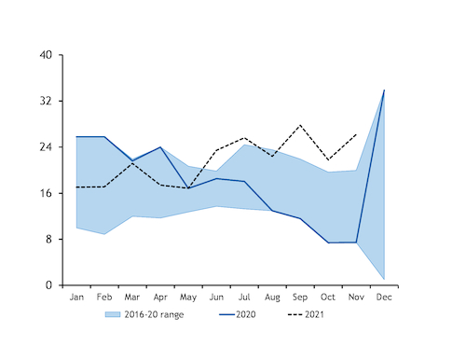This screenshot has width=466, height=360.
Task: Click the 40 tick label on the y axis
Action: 45,55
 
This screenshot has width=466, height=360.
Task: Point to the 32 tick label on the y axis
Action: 45,101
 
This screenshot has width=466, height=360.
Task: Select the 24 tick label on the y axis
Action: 45,147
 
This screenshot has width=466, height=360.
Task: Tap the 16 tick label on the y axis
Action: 45,193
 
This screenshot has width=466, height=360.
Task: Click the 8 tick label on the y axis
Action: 48,240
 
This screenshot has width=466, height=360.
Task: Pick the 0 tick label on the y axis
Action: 48,285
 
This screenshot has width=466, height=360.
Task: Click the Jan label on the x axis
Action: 76,298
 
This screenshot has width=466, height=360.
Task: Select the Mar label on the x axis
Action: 132,298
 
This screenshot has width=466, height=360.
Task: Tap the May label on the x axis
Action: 188,298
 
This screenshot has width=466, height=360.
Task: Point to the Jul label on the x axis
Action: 244,298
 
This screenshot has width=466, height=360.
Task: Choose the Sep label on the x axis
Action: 300,298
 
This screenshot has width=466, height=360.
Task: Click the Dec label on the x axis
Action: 384,298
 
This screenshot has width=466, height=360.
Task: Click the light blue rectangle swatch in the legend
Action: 113,314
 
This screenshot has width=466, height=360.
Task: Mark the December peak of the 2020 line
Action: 384,90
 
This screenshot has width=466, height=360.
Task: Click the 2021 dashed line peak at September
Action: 300,125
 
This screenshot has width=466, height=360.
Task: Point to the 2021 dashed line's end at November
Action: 356,133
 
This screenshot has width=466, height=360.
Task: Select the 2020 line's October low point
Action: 328,242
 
